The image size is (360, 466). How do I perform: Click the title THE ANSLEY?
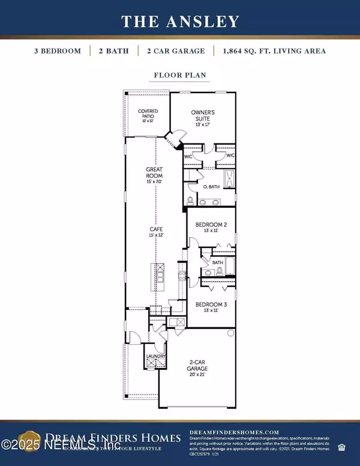tap(180, 22)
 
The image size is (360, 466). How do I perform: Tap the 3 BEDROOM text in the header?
tap(58, 51)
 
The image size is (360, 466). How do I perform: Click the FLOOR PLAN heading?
tap(180, 77)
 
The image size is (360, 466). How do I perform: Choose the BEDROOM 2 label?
tap(211, 225)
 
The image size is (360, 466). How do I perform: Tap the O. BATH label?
tap(211, 186)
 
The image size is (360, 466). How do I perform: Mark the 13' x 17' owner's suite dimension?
tap(203, 124)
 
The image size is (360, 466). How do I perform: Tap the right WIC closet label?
tap(230, 156)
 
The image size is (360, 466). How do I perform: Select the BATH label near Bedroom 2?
tap(217, 262)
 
